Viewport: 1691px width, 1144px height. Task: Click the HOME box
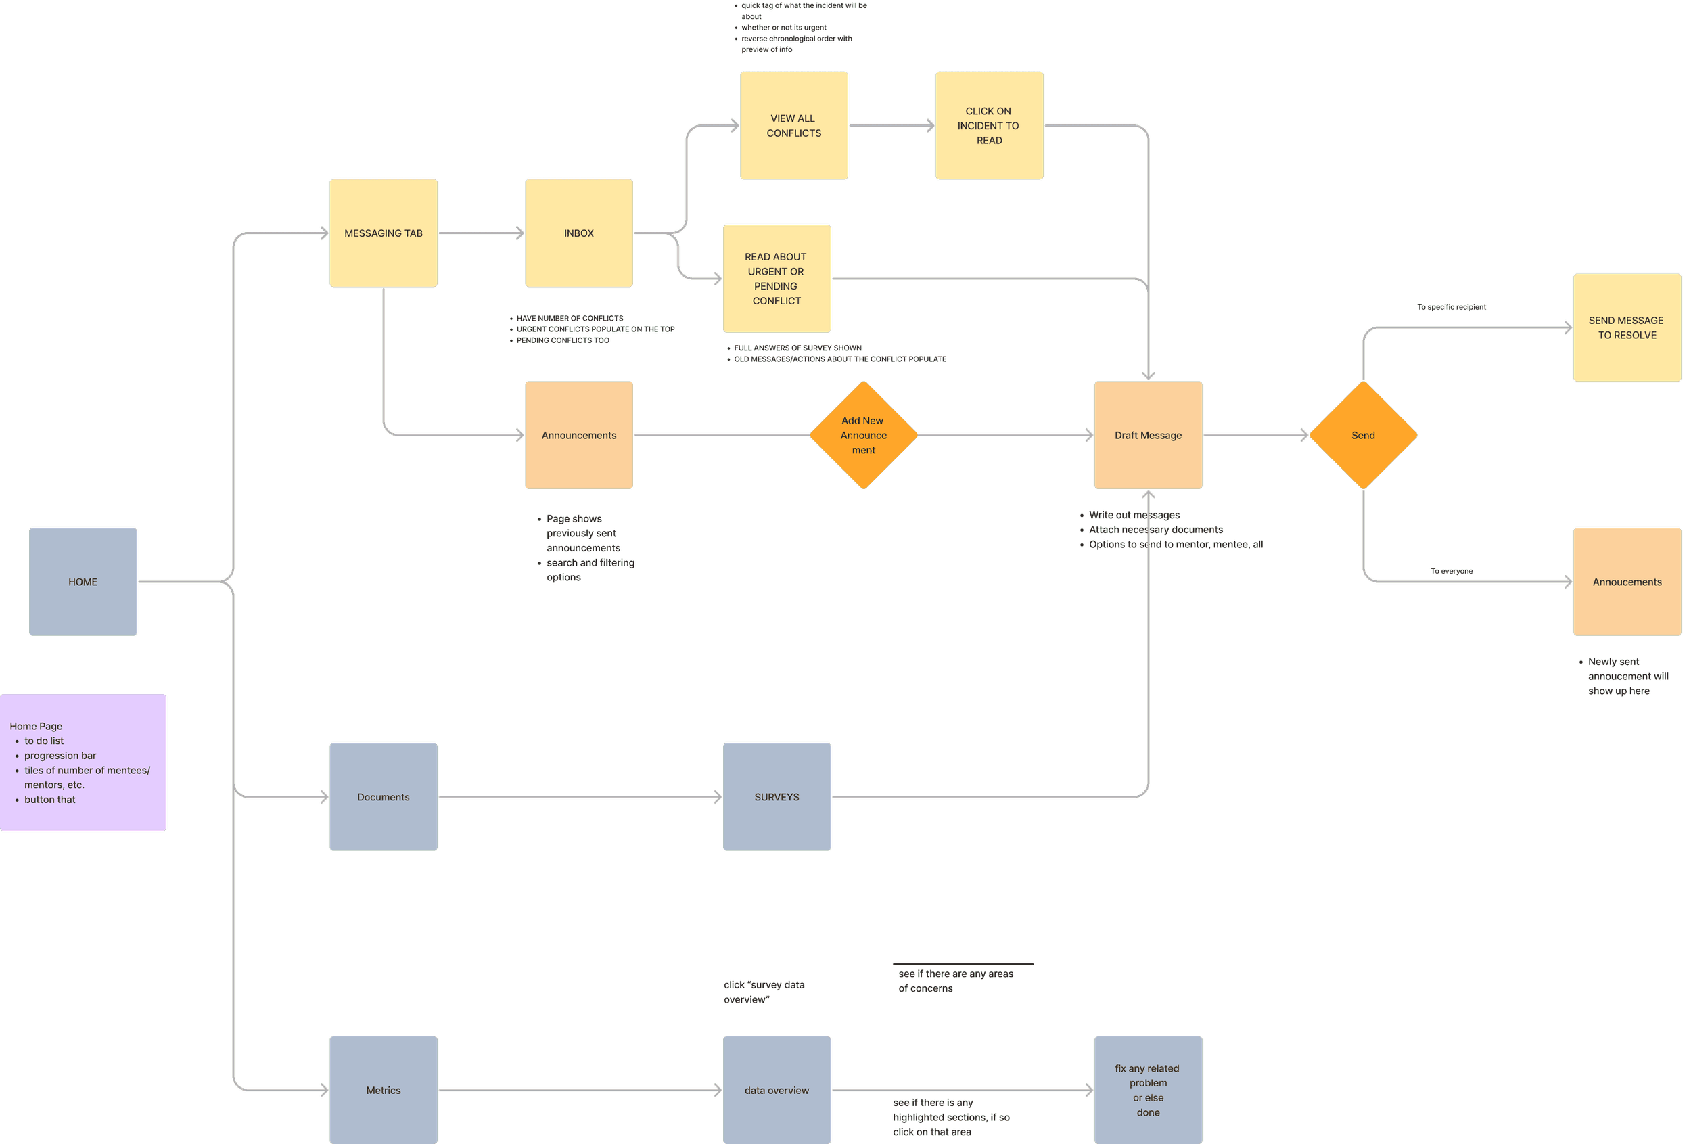click(83, 581)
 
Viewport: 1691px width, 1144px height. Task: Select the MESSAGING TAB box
click(384, 233)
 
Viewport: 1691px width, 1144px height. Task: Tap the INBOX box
click(578, 233)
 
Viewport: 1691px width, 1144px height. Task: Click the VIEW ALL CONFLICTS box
click(794, 125)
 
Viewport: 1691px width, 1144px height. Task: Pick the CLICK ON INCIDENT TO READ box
click(989, 125)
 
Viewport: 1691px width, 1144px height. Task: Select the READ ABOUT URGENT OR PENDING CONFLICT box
click(777, 279)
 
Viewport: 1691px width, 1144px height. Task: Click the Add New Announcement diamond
click(863, 435)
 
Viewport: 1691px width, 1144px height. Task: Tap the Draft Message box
click(1149, 435)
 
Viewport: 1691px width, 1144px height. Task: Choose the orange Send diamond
click(1363, 435)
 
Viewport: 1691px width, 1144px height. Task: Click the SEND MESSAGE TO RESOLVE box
click(1627, 327)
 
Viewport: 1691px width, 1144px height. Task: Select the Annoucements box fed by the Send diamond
click(1627, 581)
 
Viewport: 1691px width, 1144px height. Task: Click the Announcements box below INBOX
click(578, 435)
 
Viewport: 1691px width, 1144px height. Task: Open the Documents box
click(384, 797)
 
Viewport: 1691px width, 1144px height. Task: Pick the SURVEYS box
click(777, 797)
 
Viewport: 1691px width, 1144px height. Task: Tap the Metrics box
click(384, 1090)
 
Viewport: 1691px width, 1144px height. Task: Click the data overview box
click(777, 1090)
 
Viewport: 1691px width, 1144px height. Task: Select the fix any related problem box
click(1149, 1090)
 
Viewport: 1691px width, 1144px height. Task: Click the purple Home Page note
click(83, 762)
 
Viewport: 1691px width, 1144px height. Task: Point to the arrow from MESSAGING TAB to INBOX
click(481, 233)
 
